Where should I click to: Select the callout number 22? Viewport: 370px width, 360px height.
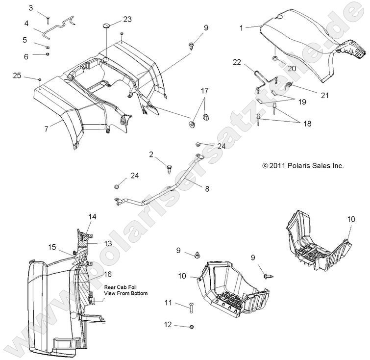[237, 62]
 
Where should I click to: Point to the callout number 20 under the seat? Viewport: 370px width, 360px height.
[292, 69]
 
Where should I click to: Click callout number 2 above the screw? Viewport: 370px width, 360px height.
[152, 155]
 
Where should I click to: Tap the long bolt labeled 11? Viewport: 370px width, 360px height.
[190, 308]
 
